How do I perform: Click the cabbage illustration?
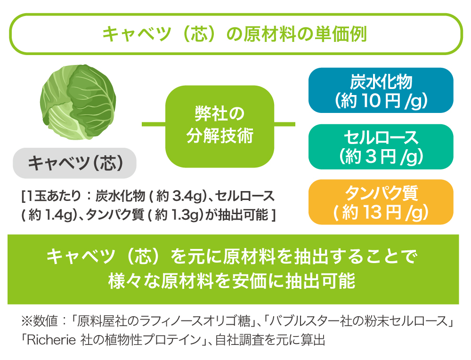tap(78, 102)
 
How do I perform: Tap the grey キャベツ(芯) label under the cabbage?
tap(74, 163)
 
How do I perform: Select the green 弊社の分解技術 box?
tap(219, 126)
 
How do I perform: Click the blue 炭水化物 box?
tap(381, 90)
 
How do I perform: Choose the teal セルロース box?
tap(381, 147)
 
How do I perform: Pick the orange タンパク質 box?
tap(381, 202)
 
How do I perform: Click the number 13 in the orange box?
tap(373, 212)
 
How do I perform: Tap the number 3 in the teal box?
tap(371, 156)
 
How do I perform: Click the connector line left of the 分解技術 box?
tap(154, 124)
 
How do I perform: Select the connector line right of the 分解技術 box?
tap(285, 124)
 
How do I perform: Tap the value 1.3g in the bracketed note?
tap(185, 215)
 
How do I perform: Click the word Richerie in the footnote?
tap(51, 340)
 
